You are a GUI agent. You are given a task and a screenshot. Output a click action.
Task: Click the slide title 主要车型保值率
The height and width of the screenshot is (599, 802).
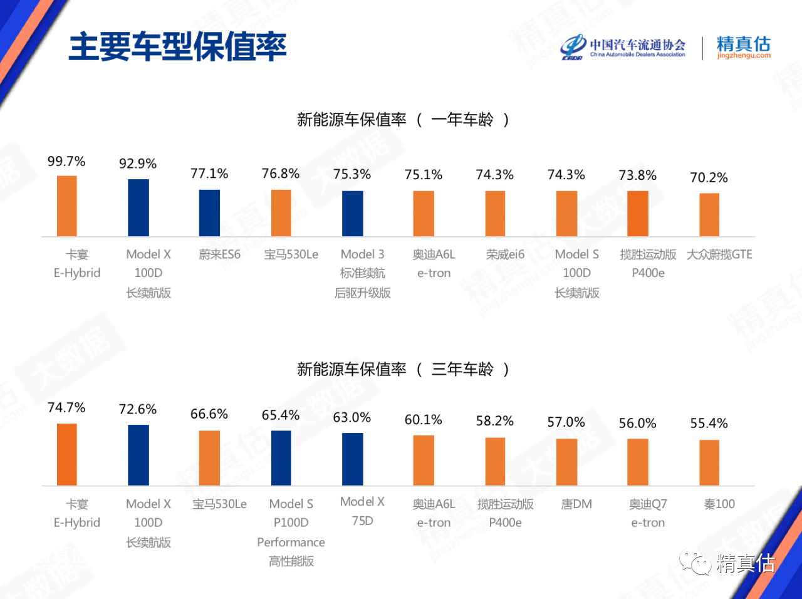(177, 46)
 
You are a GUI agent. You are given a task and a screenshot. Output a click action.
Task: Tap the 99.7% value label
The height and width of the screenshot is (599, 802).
(66, 162)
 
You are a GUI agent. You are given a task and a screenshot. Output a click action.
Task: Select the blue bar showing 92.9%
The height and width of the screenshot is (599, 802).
(138, 207)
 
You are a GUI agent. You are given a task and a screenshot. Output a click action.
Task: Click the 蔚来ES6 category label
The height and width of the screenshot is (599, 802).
(219, 254)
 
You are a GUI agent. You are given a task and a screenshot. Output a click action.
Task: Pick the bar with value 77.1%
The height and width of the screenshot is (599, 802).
(209, 212)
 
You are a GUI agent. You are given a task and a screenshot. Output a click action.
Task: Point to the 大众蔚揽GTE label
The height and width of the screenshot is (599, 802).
(719, 254)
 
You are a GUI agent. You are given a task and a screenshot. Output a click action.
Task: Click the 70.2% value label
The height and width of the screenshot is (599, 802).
(709, 178)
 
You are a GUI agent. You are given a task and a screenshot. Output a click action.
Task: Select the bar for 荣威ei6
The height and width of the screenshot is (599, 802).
(495, 213)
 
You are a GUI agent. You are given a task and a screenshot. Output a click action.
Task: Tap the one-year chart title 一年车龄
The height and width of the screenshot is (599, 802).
(402, 119)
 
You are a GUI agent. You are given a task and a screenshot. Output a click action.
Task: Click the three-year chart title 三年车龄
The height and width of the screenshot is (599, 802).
(402, 369)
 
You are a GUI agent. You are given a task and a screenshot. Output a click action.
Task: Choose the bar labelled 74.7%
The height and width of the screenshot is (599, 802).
(67, 454)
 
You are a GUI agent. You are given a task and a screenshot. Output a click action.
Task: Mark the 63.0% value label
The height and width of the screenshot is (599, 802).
(352, 417)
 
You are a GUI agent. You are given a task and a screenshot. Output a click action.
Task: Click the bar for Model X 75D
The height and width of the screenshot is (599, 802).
(353, 459)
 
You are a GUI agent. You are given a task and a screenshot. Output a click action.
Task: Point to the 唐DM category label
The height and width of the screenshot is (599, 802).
(576, 504)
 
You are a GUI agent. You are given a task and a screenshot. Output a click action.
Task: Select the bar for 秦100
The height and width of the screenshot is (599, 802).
(709, 462)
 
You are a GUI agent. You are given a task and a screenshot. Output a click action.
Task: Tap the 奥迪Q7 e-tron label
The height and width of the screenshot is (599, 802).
(648, 513)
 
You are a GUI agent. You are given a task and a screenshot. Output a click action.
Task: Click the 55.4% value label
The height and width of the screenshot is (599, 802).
(709, 424)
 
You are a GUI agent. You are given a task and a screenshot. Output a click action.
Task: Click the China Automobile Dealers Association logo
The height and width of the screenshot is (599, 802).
(623, 48)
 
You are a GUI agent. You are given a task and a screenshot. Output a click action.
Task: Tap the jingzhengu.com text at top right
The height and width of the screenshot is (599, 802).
(744, 56)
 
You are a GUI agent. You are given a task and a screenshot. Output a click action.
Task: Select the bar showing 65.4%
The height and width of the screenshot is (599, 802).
(281, 457)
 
